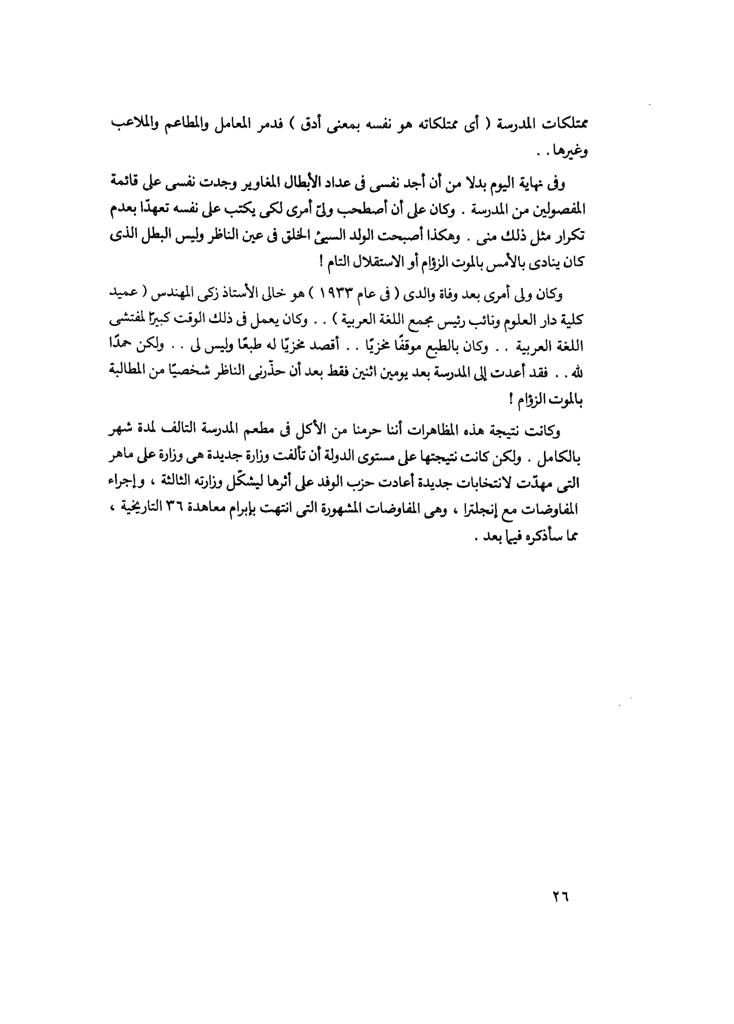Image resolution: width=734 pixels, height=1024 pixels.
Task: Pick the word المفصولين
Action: click(x=558, y=210)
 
